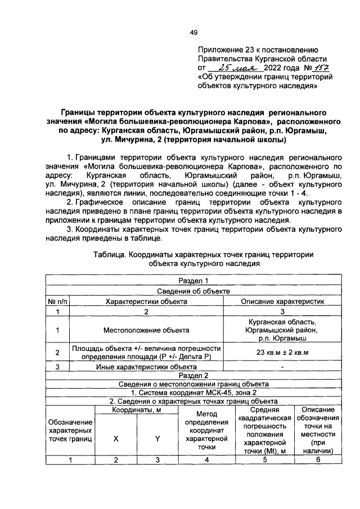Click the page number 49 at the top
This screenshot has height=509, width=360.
pos(193,33)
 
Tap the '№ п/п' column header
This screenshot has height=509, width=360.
pos(57,301)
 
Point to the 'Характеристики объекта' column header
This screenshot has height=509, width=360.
pos(146,301)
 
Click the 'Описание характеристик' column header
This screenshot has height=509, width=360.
pos(282,301)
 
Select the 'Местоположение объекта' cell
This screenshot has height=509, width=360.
pos(146,330)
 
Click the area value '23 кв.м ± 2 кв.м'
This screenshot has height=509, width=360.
pos(282,353)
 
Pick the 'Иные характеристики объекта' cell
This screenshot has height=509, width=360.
pos(146,366)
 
